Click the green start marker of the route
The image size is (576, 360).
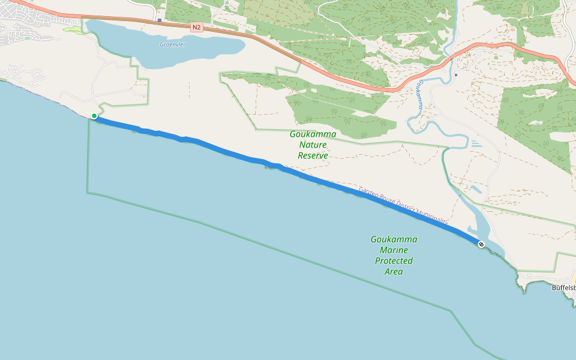(94, 116)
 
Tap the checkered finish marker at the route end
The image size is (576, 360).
(481, 244)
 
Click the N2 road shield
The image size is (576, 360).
(196, 27)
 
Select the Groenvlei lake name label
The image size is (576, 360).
(171, 44)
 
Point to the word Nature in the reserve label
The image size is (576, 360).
(313, 145)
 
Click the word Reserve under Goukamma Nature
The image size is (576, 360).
(313, 155)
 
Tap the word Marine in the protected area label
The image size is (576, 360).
(394, 250)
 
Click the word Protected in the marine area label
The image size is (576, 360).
(394, 260)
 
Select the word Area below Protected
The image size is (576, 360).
(394, 271)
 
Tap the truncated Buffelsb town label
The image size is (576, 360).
(563, 287)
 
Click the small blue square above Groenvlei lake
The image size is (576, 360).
(160, 20)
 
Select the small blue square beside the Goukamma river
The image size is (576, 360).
(456, 75)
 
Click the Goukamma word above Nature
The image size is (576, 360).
(313, 134)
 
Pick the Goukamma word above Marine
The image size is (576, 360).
(394, 239)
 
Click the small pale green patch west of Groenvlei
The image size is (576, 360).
(73, 29)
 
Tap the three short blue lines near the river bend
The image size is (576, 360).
(475, 143)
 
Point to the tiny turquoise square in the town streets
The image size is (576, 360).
(27, 38)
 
